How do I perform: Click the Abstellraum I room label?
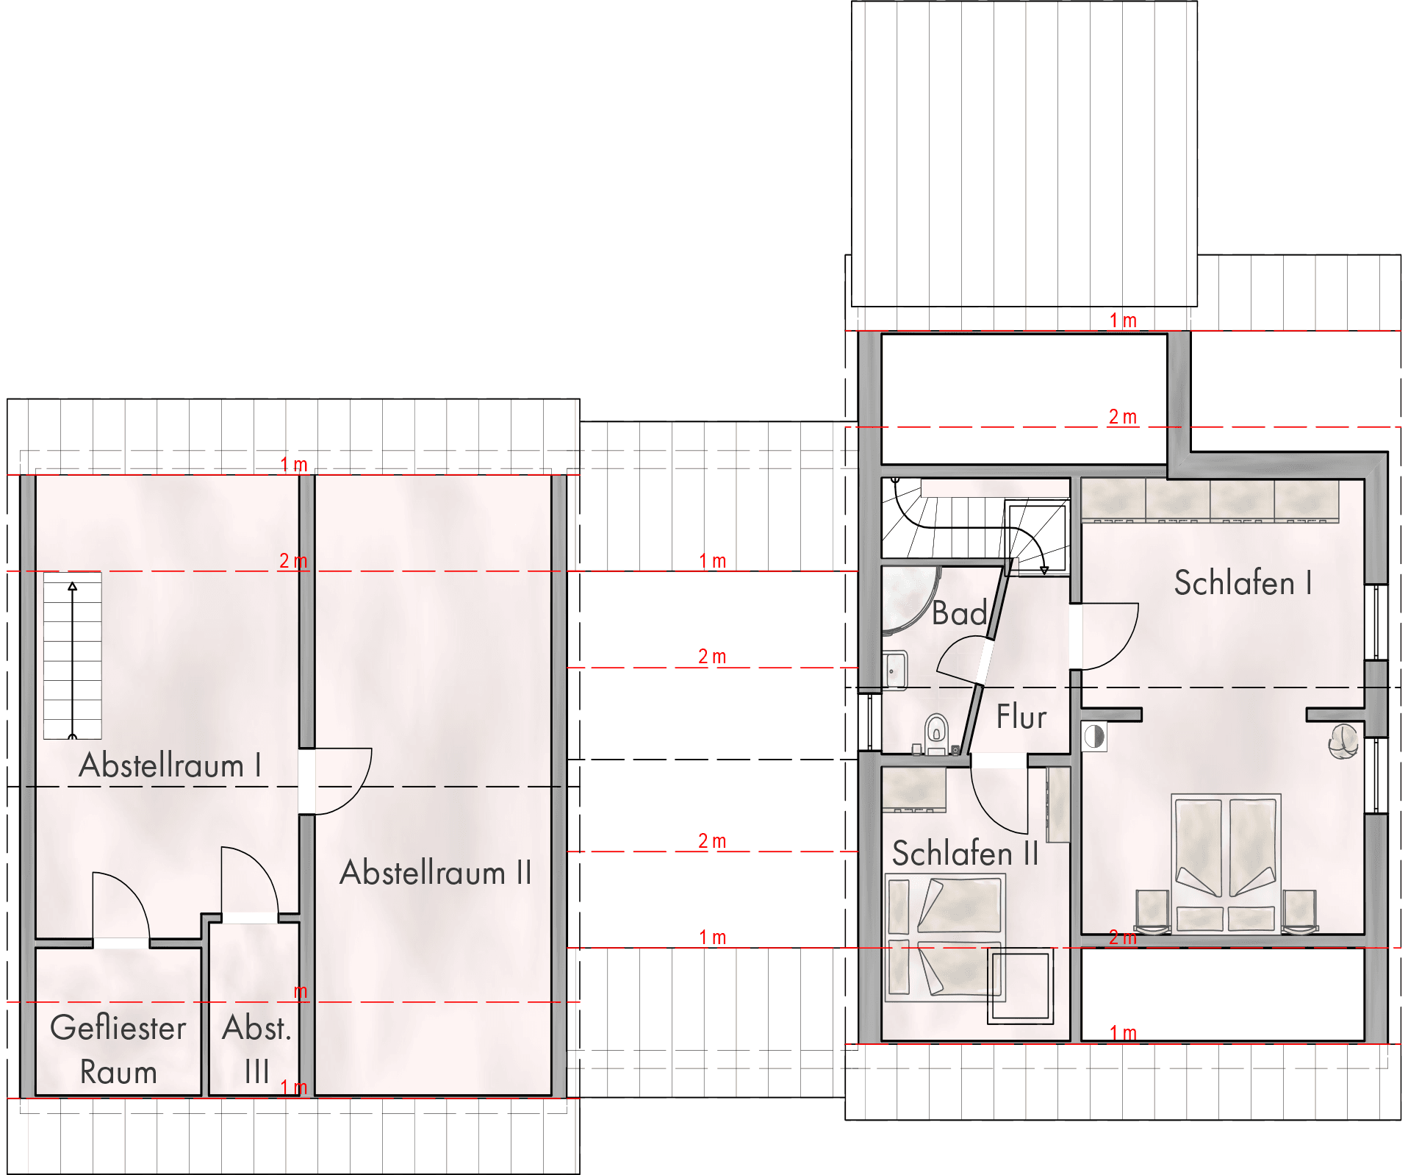[x=170, y=765]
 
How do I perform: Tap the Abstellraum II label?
[x=435, y=873]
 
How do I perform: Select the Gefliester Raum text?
[x=118, y=1050]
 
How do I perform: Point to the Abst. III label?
[x=257, y=1050]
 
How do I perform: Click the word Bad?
[x=959, y=613]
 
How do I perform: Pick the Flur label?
[x=1021, y=717]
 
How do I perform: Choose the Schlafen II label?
[x=965, y=854]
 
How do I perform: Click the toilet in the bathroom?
[x=936, y=734]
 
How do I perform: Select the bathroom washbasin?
[x=894, y=670]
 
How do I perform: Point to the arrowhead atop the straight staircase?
[x=72, y=586]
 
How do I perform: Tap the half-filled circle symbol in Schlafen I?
[x=1094, y=736]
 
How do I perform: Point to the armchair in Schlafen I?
[x=1343, y=740]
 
